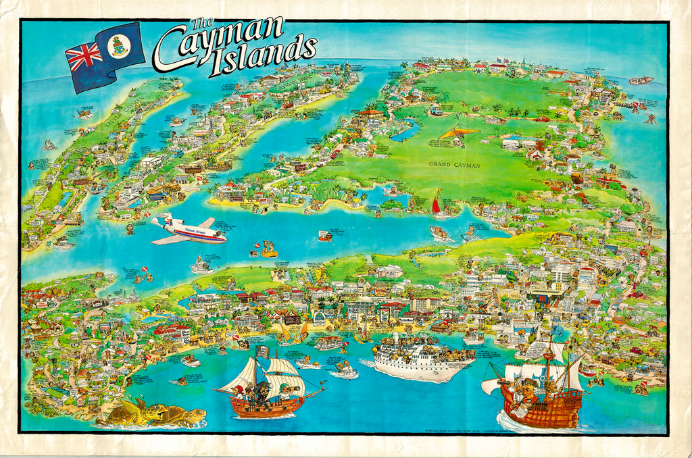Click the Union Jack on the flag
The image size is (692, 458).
tap(84, 57)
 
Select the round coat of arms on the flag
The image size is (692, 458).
tap(119, 45)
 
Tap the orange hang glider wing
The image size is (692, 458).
tap(459, 133)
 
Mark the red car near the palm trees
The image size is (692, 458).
tap(541, 120)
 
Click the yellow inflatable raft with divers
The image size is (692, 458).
tap(269, 253)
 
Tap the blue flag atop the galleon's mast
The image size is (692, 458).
tap(558, 330)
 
